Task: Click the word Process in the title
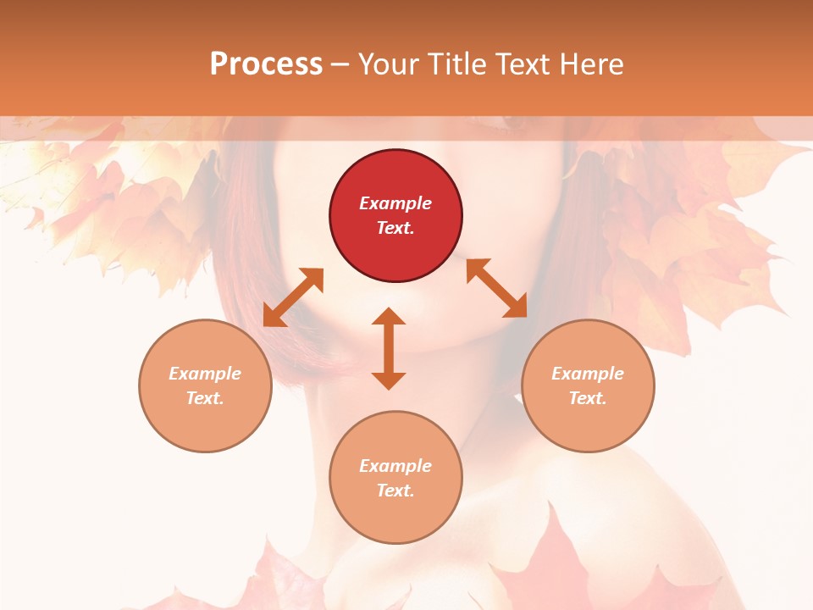[x=266, y=64]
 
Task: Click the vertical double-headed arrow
[x=389, y=348]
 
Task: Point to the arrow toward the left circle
[x=293, y=297]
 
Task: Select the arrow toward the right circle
[x=497, y=288]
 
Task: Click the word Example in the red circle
[x=395, y=203]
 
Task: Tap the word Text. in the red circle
[x=395, y=228]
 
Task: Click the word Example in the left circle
[x=205, y=374]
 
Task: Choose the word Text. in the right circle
[x=588, y=398]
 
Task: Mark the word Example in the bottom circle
[x=395, y=466]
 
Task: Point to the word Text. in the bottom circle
[x=395, y=491]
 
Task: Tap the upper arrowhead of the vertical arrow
[x=389, y=317]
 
